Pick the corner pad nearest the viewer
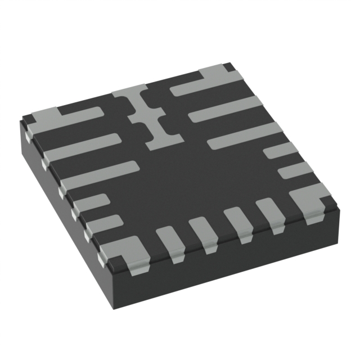[x=126, y=253]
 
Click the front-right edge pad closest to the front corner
[x=169, y=242]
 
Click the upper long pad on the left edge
[x=82, y=147]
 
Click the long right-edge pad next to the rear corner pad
[x=225, y=110]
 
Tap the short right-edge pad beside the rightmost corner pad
[x=295, y=170]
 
